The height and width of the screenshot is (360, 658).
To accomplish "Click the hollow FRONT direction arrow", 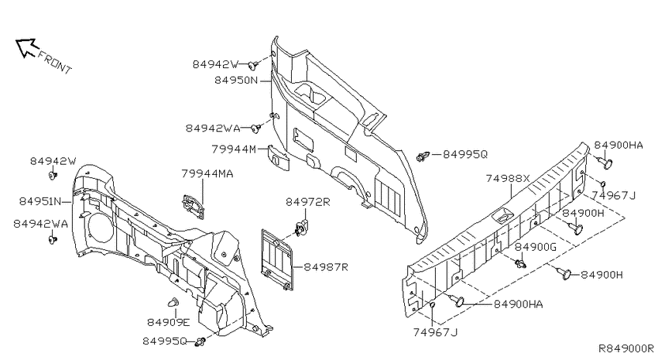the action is (x=27, y=47).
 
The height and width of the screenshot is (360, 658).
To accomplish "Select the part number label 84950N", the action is (x=236, y=80).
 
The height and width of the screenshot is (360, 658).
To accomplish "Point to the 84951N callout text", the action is (x=39, y=201).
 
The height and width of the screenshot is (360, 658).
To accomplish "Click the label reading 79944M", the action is (x=234, y=149).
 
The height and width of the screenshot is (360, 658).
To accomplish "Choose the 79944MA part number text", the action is (x=207, y=173).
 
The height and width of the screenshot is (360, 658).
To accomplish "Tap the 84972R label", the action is (x=308, y=202).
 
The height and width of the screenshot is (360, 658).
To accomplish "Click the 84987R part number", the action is (x=326, y=267).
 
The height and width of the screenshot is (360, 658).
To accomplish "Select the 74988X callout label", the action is (x=508, y=178).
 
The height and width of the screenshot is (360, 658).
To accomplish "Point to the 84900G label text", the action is (x=536, y=247).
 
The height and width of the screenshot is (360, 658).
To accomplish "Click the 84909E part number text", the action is (x=168, y=322).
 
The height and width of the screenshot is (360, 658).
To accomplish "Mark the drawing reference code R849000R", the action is (x=626, y=348).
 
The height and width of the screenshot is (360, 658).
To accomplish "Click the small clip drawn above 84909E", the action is (x=173, y=303).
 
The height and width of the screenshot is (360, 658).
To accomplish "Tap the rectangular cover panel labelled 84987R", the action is (x=277, y=259).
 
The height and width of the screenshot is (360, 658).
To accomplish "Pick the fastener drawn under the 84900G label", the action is (x=521, y=264).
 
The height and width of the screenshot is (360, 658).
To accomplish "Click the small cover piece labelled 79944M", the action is (x=278, y=157).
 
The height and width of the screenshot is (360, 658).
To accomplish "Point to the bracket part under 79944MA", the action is (x=193, y=207).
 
